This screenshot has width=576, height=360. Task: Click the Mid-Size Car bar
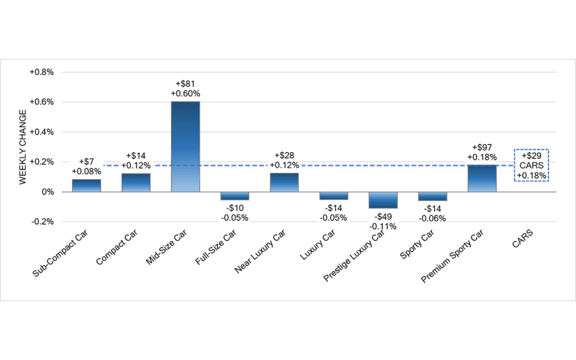point(185,146)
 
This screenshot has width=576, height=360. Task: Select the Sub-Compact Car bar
point(86,185)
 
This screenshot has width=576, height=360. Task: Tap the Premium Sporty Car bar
point(482,178)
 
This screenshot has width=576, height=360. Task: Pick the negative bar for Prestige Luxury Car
point(383,200)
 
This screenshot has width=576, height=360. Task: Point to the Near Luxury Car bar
point(284,182)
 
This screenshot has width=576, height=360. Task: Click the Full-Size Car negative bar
point(235,196)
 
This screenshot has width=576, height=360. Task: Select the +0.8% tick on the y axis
point(43,72)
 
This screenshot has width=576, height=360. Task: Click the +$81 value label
point(185,83)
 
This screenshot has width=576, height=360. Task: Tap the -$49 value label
point(383,216)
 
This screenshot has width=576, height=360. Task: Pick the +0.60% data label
point(185,93)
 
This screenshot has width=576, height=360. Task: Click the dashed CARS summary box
point(531,165)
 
